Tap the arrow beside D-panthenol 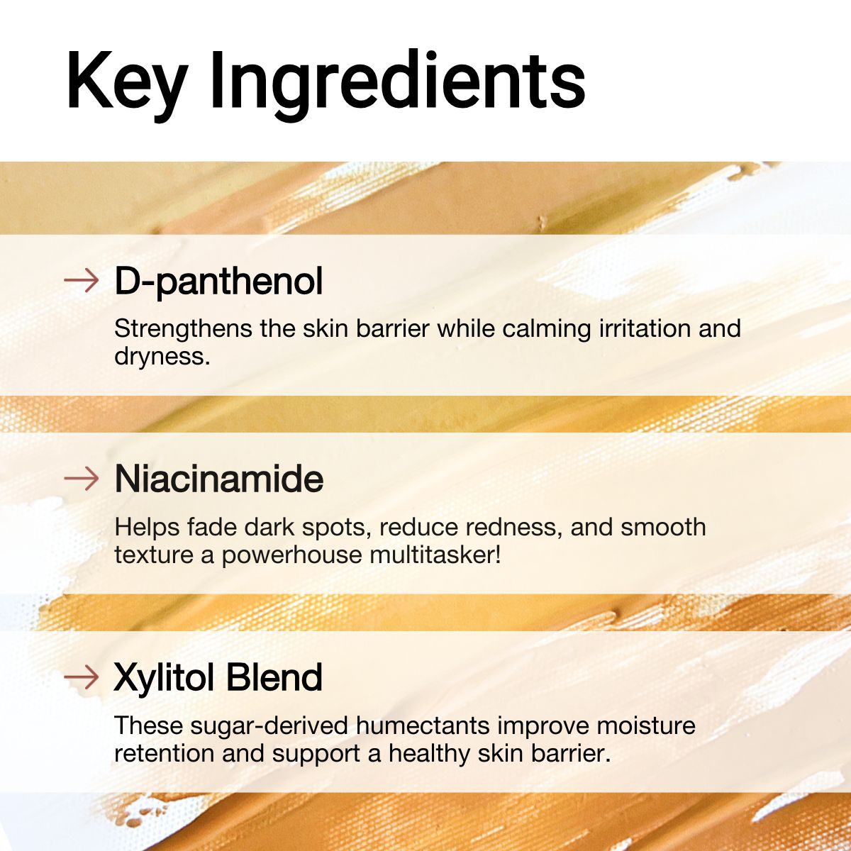(x=81, y=280)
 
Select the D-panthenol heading (x=218, y=282)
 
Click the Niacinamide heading (x=218, y=479)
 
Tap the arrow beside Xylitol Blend (x=81, y=677)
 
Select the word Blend (x=274, y=677)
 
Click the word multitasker (x=435, y=555)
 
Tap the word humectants (x=423, y=726)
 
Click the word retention (x=165, y=754)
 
